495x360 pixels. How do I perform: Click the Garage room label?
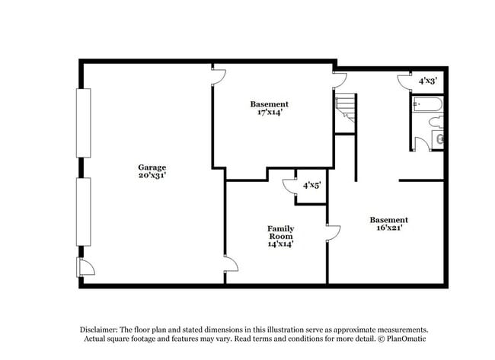pos(152,167)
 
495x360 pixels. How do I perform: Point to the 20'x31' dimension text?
pos(152,176)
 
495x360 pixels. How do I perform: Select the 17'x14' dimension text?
pos(270,113)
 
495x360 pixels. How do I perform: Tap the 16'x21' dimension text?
pos(388,228)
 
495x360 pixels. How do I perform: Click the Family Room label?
pos(280,232)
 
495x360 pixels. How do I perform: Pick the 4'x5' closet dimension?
pos(311,185)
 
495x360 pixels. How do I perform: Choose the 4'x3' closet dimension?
pos(426,81)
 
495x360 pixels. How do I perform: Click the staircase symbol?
pos(346,109)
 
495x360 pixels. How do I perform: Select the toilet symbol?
pos(436,121)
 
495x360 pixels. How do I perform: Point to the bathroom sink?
pos(439,139)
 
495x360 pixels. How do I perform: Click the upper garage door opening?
pos(83,123)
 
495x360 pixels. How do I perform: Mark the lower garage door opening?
pos(83,212)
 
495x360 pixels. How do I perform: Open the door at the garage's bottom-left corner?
pos(85,266)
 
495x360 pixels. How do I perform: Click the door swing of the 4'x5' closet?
pos(289,186)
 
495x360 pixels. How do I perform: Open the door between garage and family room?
pos(230,264)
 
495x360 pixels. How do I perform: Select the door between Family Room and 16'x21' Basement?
pos(333,232)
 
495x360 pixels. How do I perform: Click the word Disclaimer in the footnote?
pos(103,329)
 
